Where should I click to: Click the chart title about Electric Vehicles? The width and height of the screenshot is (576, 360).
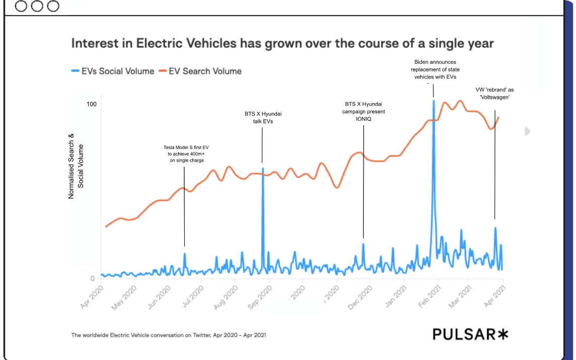[x=282, y=43]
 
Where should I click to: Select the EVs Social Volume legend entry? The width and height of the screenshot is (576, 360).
[x=112, y=71]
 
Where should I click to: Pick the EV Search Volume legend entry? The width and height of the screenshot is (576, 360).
[x=200, y=71]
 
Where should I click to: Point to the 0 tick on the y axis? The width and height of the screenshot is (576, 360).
[x=92, y=278]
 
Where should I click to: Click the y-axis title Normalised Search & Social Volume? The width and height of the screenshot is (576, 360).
[x=76, y=166]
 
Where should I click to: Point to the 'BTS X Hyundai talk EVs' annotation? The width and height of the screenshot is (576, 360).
[x=263, y=118]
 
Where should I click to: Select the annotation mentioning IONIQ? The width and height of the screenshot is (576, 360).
[x=364, y=111]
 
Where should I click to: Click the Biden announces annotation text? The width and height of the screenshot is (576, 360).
[x=435, y=69]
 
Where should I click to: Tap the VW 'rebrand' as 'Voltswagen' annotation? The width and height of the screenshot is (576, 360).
[x=495, y=93]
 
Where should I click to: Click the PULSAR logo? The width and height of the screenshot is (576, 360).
[x=470, y=334]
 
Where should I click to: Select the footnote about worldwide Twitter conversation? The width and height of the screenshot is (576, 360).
[x=169, y=335]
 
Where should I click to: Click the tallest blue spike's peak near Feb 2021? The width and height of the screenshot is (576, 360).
[x=434, y=101]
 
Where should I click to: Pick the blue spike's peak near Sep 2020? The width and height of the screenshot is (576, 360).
[x=263, y=169]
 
